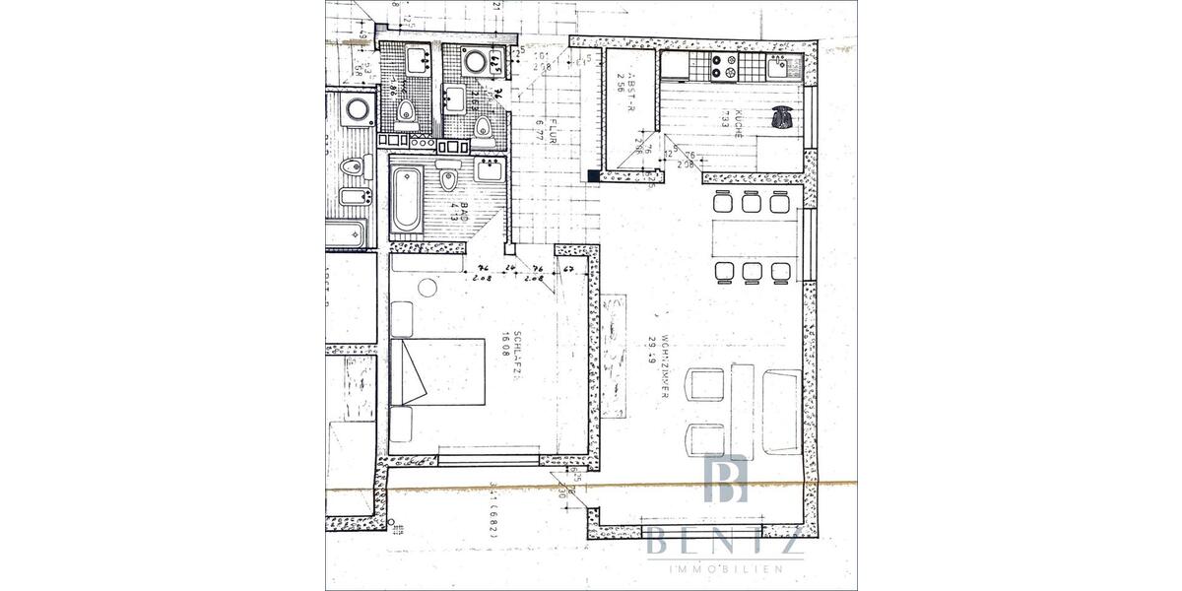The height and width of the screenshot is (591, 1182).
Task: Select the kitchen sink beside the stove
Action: [x=779, y=67]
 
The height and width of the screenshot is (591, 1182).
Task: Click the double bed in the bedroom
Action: [x=439, y=371]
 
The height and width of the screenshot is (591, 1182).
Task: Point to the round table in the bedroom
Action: [x=427, y=288]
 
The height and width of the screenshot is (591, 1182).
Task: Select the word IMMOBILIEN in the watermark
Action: [x=727, y=570]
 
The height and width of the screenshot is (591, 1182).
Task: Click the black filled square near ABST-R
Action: [x=592, y=175]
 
